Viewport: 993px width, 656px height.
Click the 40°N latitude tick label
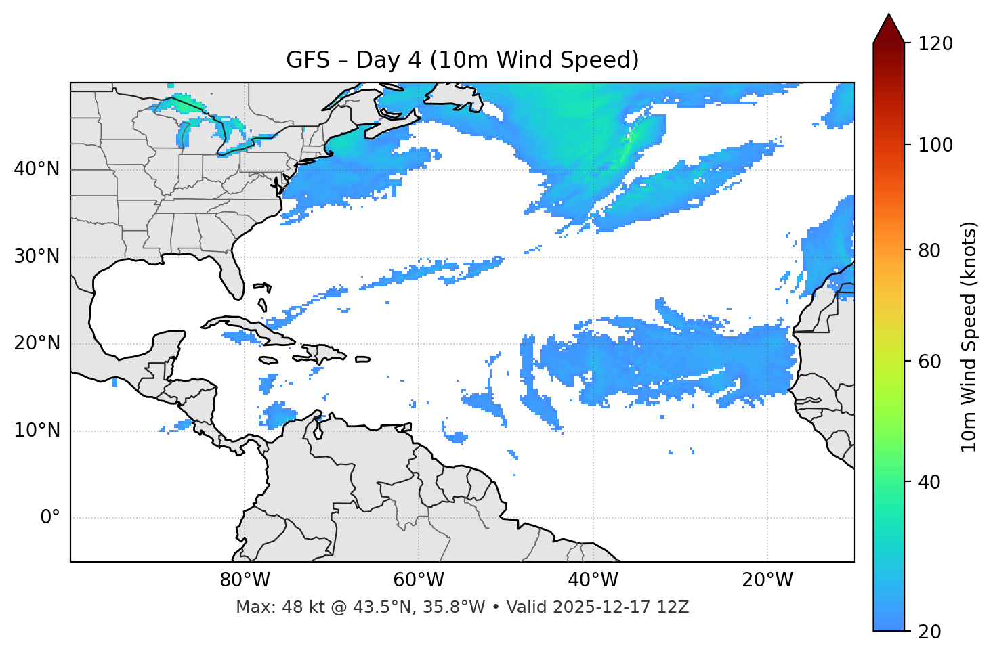point(37,169)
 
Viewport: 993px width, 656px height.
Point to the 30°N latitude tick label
point(37,257)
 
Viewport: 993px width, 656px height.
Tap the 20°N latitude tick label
point(37,343)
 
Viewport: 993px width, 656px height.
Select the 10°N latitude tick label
point(37,431)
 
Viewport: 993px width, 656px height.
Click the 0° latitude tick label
point(50,518)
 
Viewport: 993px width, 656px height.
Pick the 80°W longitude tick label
point(245,580)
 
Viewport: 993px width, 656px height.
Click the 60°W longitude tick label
point(419,580)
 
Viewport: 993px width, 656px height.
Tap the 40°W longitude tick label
point(593,580)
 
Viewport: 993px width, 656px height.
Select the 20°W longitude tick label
point(767,580)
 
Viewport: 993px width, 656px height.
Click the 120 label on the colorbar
point(935,44)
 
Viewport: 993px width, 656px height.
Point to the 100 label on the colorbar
point(935,145)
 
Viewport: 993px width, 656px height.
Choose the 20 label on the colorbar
point(929,632)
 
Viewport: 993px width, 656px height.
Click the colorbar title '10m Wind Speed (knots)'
point(969,337)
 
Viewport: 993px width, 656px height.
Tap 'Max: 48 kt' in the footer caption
point(272,607)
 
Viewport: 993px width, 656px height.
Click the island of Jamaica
point(268,360)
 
